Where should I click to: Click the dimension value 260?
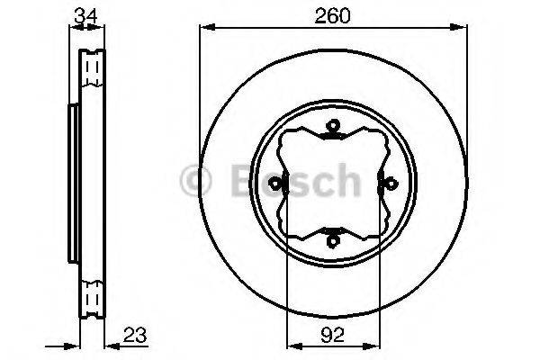332,15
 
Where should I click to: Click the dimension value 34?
87,15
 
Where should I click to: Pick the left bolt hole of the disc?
279,187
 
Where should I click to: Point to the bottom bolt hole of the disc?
333,240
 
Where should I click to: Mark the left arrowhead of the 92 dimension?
291,346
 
